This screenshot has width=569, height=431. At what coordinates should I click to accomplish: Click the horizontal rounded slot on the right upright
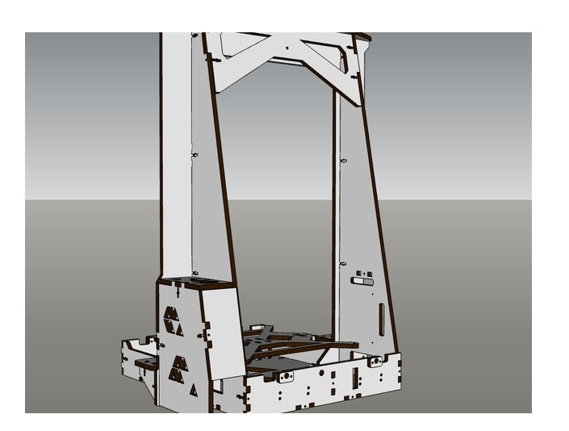click(x=362, y=282)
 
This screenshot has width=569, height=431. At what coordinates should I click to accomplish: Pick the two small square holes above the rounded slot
click(x=361, y=272)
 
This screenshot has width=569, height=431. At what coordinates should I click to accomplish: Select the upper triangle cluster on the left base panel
click(x=174, y=319)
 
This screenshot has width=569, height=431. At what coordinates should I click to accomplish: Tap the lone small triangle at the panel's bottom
click(x=193, y=391)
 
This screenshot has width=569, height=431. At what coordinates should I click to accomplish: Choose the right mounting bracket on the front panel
click(x=375, y=362)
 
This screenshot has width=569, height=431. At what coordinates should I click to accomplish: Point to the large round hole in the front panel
click(x=322, y=374)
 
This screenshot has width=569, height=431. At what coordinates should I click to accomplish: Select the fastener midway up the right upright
click(x=343, y=161)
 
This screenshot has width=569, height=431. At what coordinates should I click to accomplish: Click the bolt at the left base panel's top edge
click(x=176, y=284)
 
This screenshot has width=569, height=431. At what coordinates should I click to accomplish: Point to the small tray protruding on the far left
click(x=137, y=347)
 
